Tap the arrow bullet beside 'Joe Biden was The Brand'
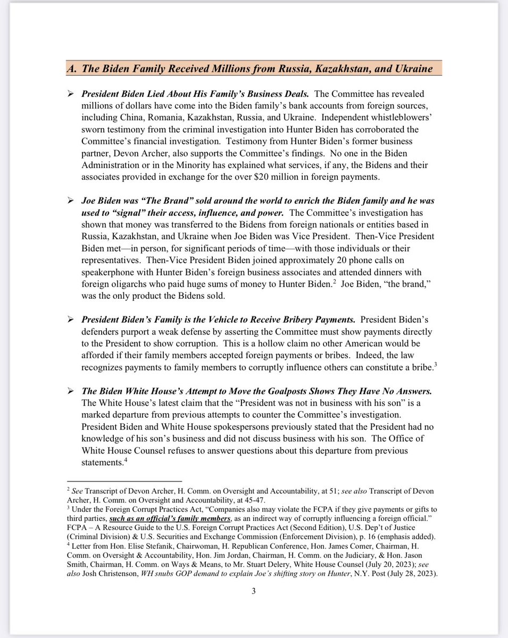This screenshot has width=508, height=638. coord(70,201)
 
